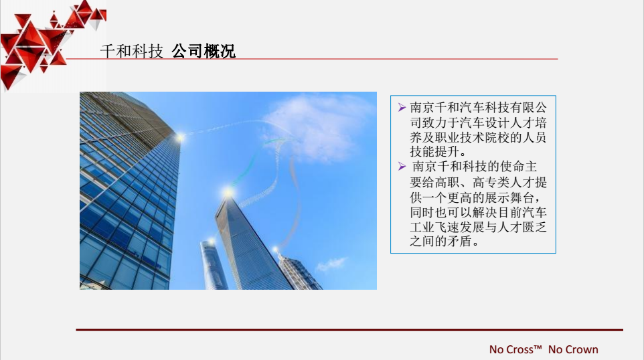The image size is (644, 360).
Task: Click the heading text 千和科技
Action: [x=132, y=52]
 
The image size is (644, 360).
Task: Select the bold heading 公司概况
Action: [x=204, y=52]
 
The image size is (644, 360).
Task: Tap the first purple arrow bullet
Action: [x=402, y=108]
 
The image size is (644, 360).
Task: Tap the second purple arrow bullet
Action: [x=402, y=166]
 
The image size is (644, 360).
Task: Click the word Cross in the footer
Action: [x=519, y=350]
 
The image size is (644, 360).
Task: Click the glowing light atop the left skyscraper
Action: [x=180, y=137]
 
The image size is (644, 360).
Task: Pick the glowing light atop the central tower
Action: [x=228, y=192]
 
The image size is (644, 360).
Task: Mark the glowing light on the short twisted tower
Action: [x=211, y=241]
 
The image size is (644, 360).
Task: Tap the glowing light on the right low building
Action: [x=276, y=249]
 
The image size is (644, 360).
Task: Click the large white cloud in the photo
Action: [x=317, y=125]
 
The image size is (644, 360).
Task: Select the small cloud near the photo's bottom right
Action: [x=331, y=264]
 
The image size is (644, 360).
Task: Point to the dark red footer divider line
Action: [x=349, y=330]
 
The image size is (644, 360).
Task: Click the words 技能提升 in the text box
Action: [x=434, y=152]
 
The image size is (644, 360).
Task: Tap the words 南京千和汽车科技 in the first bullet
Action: [x=460, y=108]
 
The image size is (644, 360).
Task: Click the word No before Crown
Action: [x=554, y=350]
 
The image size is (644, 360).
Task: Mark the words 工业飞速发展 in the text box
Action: [x=447, y=227]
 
